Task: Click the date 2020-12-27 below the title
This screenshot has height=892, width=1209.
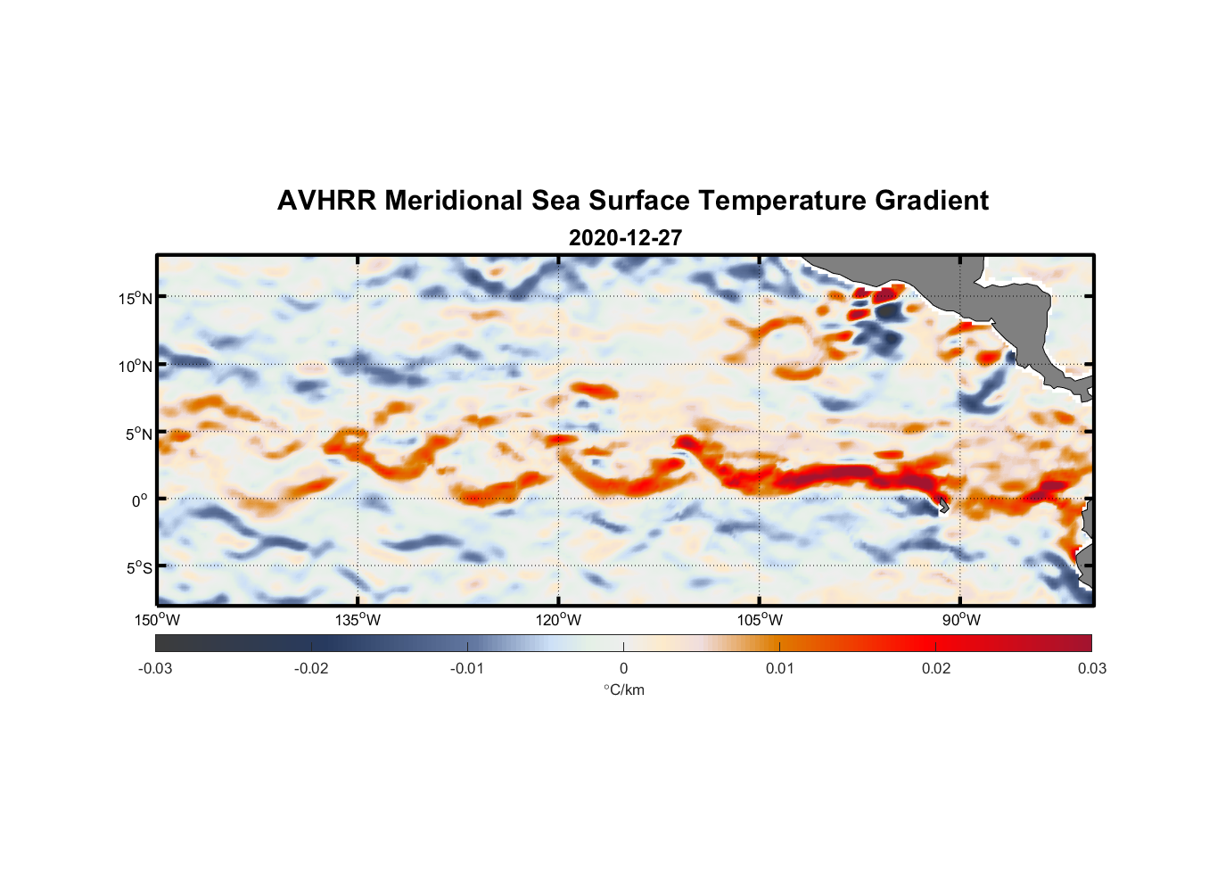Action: pyautogui.click(x=625, y=238)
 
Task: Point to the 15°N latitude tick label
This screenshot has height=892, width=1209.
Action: pyautogui.click(x=135, y=298)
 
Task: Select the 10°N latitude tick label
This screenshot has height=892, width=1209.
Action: pyautogui.click(x=135, y=366)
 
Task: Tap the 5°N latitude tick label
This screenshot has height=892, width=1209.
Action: pyautogui.click(x=138, y=434)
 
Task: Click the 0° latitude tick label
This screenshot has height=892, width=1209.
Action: pyautogui.click(x=140, y=500)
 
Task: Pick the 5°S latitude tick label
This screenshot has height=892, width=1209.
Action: pyautogui.click(x=138, y=567)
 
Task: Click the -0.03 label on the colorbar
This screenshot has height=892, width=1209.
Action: pyautogui.click(x=155, y=669)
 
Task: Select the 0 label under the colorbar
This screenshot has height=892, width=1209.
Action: pyautogui.click(x=623, y=669)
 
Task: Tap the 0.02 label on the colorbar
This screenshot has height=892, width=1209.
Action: pyautogui.click(x=936, y=669)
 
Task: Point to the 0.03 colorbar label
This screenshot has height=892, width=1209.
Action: pyautogui.click(x=1091, y=669)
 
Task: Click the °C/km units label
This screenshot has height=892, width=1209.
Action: pyautogui.click(x=623, y=690)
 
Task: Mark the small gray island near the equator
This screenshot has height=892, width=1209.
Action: pyautogui.click(x=942, y=505)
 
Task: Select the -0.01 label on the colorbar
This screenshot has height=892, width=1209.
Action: pyautogui.click(x=467, y=669)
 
